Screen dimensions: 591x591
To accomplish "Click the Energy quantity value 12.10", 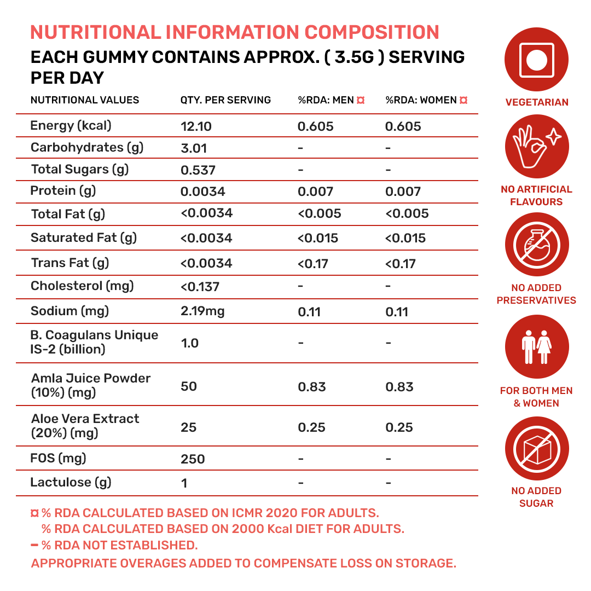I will (196, 127).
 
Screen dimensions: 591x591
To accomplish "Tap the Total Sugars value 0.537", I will (198, 170).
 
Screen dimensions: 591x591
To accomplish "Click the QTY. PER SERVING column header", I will (225, 100).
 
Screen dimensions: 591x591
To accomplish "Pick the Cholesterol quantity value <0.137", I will (200, 286).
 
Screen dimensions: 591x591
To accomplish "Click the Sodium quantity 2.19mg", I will (202, 312).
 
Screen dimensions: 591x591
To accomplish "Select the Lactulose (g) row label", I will (71, 483).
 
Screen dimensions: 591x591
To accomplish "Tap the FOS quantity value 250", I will (193, 459).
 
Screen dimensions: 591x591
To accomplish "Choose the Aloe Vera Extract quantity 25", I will (188, 427).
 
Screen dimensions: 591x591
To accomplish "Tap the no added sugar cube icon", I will (536, 448).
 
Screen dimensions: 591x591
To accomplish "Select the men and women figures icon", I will (536, 347).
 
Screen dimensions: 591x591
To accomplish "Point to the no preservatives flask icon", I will (536, 244).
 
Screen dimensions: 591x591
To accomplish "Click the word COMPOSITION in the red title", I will (372, 32).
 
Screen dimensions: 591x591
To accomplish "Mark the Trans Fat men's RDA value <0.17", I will (312, 264).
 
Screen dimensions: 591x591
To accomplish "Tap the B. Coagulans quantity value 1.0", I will (189, 344).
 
